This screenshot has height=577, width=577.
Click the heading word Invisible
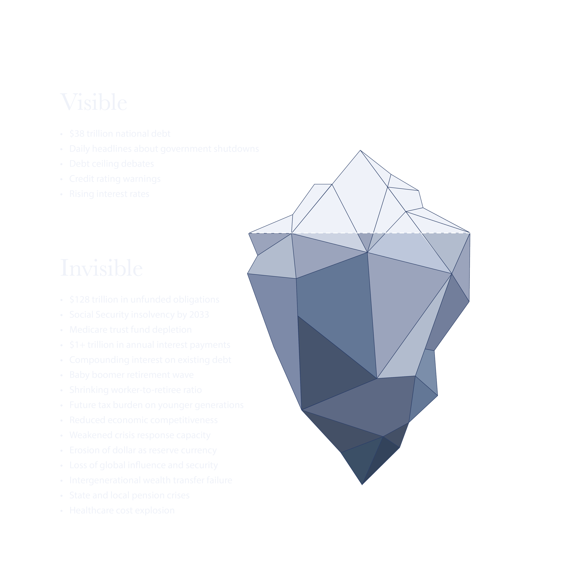point(102,268)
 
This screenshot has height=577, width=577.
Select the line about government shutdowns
point(164,149)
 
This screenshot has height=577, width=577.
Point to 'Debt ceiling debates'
point(112,164)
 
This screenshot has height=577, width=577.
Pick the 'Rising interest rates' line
point(109,194)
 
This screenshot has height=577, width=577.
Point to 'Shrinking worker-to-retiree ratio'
point(135,390)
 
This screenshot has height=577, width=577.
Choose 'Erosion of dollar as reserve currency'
point(143,450)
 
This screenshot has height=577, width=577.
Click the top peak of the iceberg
point(360,151)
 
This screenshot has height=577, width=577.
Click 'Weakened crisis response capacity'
point(140,435)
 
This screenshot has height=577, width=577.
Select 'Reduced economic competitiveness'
point(144,420)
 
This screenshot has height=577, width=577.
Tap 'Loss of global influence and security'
point(144,465)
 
